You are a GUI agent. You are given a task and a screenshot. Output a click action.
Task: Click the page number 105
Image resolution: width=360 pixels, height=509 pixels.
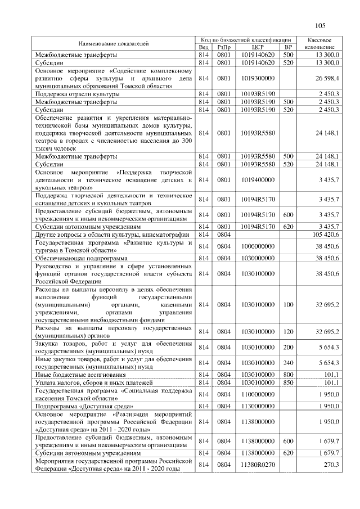(x=321, y=25)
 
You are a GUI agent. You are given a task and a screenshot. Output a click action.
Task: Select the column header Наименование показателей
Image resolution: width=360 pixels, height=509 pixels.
(x=114, y=43)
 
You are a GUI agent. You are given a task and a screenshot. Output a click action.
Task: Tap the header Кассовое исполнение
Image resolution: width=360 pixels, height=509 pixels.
(x=319, y=43)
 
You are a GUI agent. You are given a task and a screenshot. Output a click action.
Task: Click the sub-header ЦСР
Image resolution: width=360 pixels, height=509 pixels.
(x=259, y=47)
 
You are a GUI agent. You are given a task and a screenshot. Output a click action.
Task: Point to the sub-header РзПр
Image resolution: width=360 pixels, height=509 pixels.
(x=224, y=47)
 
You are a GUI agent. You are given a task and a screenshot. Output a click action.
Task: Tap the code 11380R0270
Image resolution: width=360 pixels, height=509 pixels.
(x=259, y=465)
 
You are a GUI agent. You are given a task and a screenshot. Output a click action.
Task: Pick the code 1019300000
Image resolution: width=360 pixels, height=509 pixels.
(x=259, y=78)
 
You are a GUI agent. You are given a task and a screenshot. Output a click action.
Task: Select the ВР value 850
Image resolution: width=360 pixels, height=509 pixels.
(x=288, y=382)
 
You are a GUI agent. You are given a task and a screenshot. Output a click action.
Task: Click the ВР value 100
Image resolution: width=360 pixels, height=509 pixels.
(x=288, y=304)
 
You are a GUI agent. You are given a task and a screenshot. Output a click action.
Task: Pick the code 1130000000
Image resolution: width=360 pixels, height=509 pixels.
(x=259, y=406)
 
